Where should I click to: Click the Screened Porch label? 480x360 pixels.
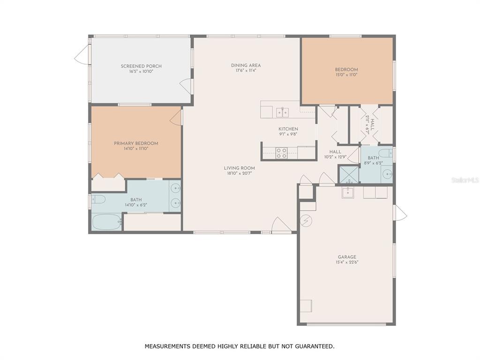tap(141, 66)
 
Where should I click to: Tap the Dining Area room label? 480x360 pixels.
tap(246, 65)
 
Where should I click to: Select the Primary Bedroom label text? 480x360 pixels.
tap(136, 143)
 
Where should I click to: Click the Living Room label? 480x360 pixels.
tap(239, 168)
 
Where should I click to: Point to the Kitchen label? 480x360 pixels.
tap(288, 129)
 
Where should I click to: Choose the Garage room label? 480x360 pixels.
tap(347, 257)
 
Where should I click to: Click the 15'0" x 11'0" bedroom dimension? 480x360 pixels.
tap(346, 75)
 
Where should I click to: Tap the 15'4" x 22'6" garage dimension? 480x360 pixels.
tap(347, 262)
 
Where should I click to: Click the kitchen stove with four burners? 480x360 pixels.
tap(282, 153)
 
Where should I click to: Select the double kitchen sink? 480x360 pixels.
tap(282, 112)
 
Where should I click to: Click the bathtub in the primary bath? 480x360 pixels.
tap(106, 222)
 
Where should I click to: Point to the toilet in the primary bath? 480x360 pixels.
tap(98, 200)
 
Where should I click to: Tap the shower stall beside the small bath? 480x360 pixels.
tap(348, 174)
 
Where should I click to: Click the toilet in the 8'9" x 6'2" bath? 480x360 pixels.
tap(385, 152)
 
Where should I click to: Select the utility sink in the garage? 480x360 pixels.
tap(348, 193)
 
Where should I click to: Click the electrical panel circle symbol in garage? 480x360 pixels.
tap(306, 220)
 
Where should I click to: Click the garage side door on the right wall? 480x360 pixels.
tap(400, 212)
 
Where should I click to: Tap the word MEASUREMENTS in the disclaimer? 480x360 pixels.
tap(167, 346)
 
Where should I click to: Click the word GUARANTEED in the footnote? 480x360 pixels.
tap(315, 346)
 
